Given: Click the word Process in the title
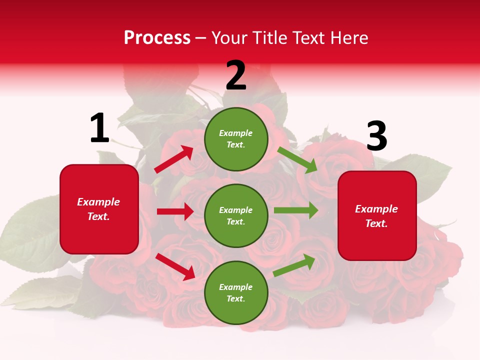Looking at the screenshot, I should click(x=157, y=38).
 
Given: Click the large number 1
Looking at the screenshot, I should click(x=99, y=128).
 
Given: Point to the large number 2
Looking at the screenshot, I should click(x=236, y=75).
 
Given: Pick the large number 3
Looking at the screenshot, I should click(x=376, y=136).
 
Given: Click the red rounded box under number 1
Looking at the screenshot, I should click(x=99, y=209).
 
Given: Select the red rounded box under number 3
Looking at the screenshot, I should click(x=377, y=215).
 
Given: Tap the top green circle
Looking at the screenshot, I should click(x=236, y=139).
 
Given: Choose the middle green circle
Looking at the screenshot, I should click(x=236, y=215).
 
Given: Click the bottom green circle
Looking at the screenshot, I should click(x=236, y=292).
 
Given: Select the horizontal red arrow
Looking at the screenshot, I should click(x=175, y=211).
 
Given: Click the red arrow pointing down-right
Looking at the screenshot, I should click(x=175, y=266).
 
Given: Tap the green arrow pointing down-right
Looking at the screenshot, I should click(x=297, y=160).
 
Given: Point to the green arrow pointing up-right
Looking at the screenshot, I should click(x=294, y=265).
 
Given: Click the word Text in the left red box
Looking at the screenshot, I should click(x=98, y=216).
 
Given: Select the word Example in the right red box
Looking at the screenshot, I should click(x=376, y=209).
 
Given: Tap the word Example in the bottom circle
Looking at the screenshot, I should click(x=236, y=287).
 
